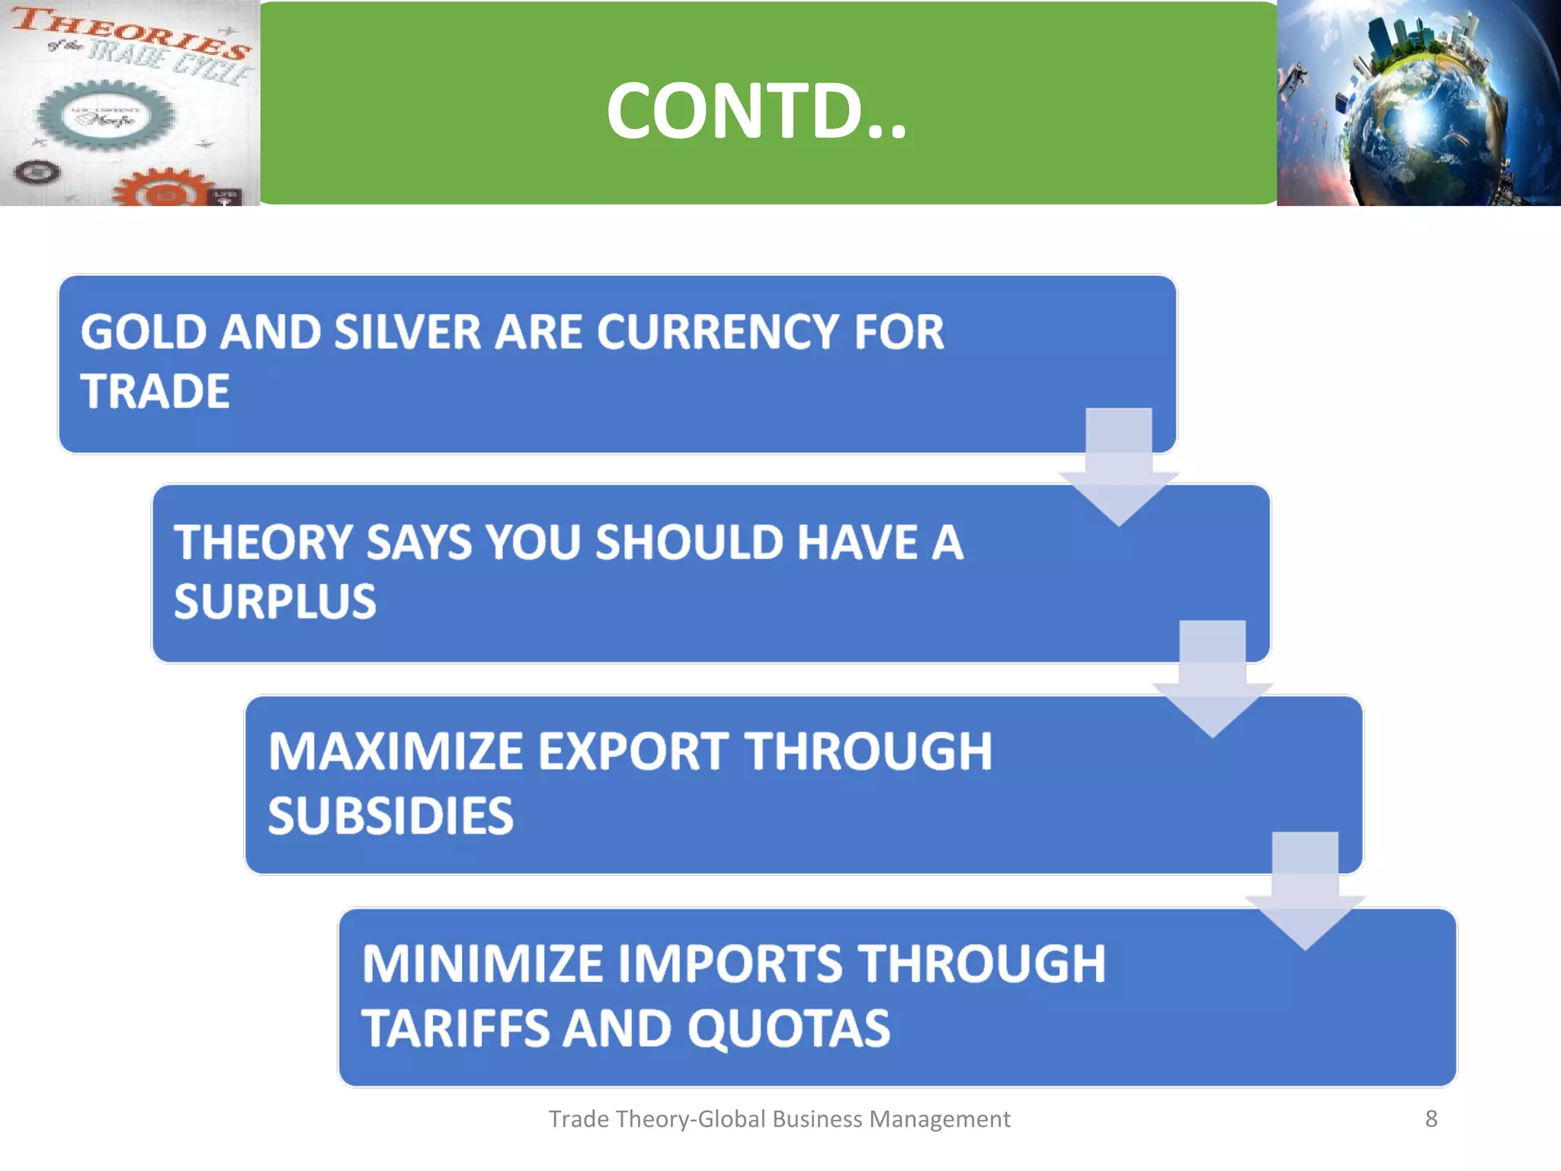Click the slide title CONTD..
tap(756, 111)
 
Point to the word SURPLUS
tap(274, 602)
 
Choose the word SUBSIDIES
tap(390, 816)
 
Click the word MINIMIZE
tap(482, 964)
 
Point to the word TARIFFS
tap(455, 1028)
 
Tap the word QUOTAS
tap(788, 1028)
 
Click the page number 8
tap(1431, 1118)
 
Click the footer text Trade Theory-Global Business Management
tap(779, 1118)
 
